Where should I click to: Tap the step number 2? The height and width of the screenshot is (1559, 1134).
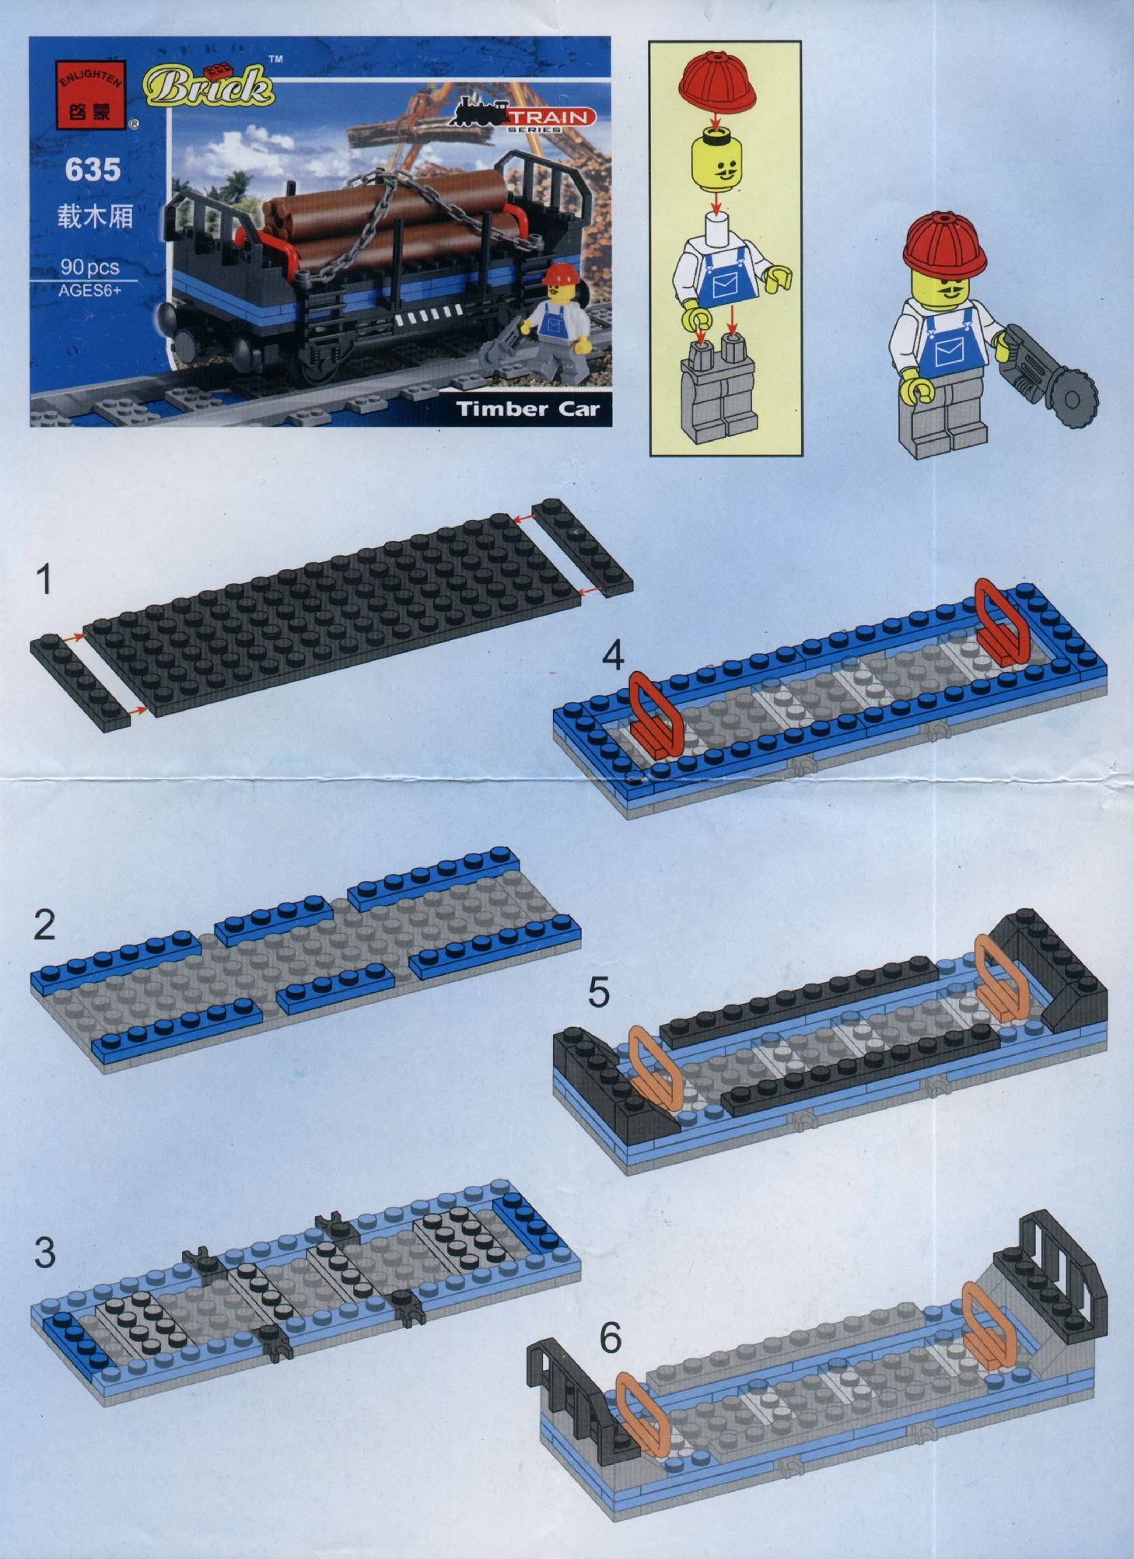point(44,925)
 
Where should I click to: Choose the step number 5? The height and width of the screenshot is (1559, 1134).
point(599,992)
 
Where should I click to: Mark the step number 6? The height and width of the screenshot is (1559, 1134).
point(611,1337)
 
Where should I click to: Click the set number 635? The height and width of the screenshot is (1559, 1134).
point(93,170)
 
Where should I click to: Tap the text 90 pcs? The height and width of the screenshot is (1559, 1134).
point(90,267)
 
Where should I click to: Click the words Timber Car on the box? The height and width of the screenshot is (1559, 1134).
point(528,409)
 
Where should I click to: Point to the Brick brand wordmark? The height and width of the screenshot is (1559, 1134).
point(208,86)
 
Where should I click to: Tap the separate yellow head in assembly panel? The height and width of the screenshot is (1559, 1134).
point(718,162)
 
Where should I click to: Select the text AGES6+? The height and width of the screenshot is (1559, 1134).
point(89,292)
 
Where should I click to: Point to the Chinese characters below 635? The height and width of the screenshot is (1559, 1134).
point(95,216)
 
